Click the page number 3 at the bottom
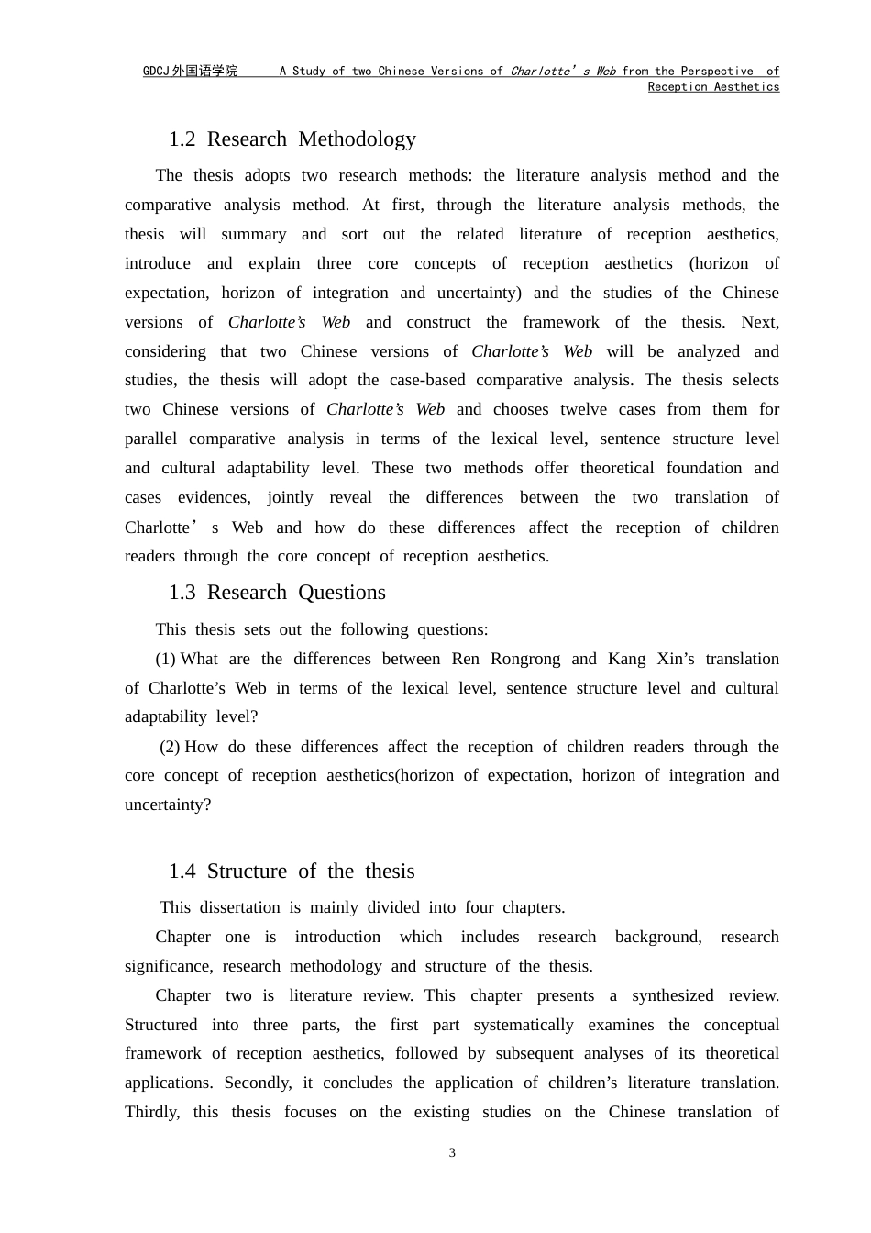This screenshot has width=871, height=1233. [452, 1153]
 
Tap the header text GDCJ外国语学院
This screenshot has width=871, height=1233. [190, 72]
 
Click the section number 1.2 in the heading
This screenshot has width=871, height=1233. [182, 139]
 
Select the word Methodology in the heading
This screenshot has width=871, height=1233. [357, 139]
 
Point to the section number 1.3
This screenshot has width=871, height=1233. [182, 593]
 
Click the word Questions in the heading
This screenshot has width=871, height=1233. [341, 593]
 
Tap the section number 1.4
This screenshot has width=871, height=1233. [182, 872]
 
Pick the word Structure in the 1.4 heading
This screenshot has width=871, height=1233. [248, 872]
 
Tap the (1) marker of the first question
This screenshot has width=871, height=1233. [166, 659]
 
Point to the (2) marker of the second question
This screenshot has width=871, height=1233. [171, 747]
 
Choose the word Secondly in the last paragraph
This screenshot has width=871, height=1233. [258, 1083]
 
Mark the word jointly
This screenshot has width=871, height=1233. [290, 497]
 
